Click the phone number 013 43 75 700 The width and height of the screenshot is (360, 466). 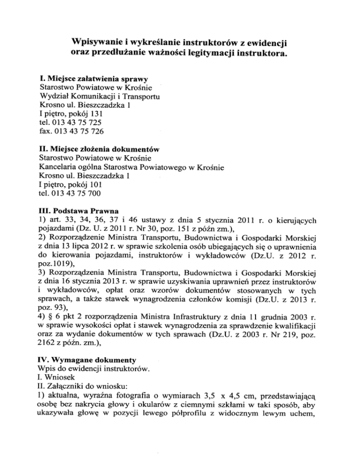coord(78,193)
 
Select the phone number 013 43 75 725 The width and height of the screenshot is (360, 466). coord(78,123)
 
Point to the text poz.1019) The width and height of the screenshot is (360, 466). coord(56,263)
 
